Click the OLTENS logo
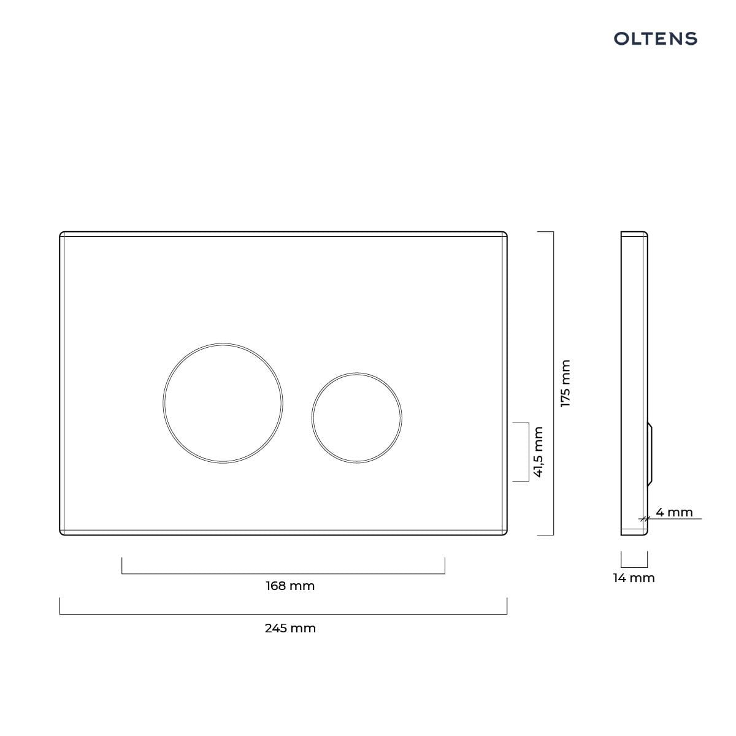point(656,39)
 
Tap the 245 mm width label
point(290,628)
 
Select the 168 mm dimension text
point(290,586)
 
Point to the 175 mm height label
point(565,383)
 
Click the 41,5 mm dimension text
point(538,452)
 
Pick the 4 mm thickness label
point(674,512)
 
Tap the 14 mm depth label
point(634,578)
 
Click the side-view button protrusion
point(650,454)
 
